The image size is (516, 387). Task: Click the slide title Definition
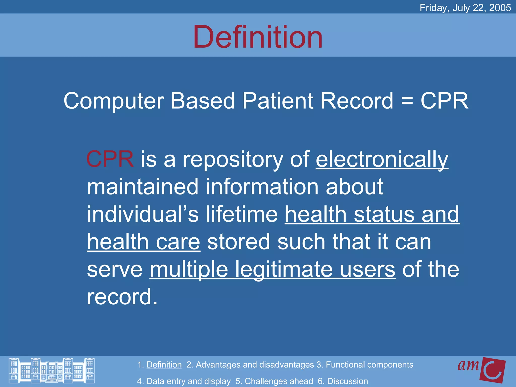(258, 37)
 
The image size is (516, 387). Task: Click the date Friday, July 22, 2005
(465, 8)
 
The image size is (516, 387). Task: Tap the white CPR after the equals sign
(444, 101)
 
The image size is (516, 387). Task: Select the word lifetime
(242, 214)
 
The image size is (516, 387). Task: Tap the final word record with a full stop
(122, 297)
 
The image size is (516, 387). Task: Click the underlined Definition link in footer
(164, 365)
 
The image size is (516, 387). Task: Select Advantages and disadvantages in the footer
(254, 365)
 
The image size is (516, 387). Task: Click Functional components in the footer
(369, 365)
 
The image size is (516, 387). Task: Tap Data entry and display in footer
(188, 381)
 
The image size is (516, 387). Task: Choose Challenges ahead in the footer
(279, 381)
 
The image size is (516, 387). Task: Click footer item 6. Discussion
(343, 381)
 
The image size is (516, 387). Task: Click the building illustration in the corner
(52, 371)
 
